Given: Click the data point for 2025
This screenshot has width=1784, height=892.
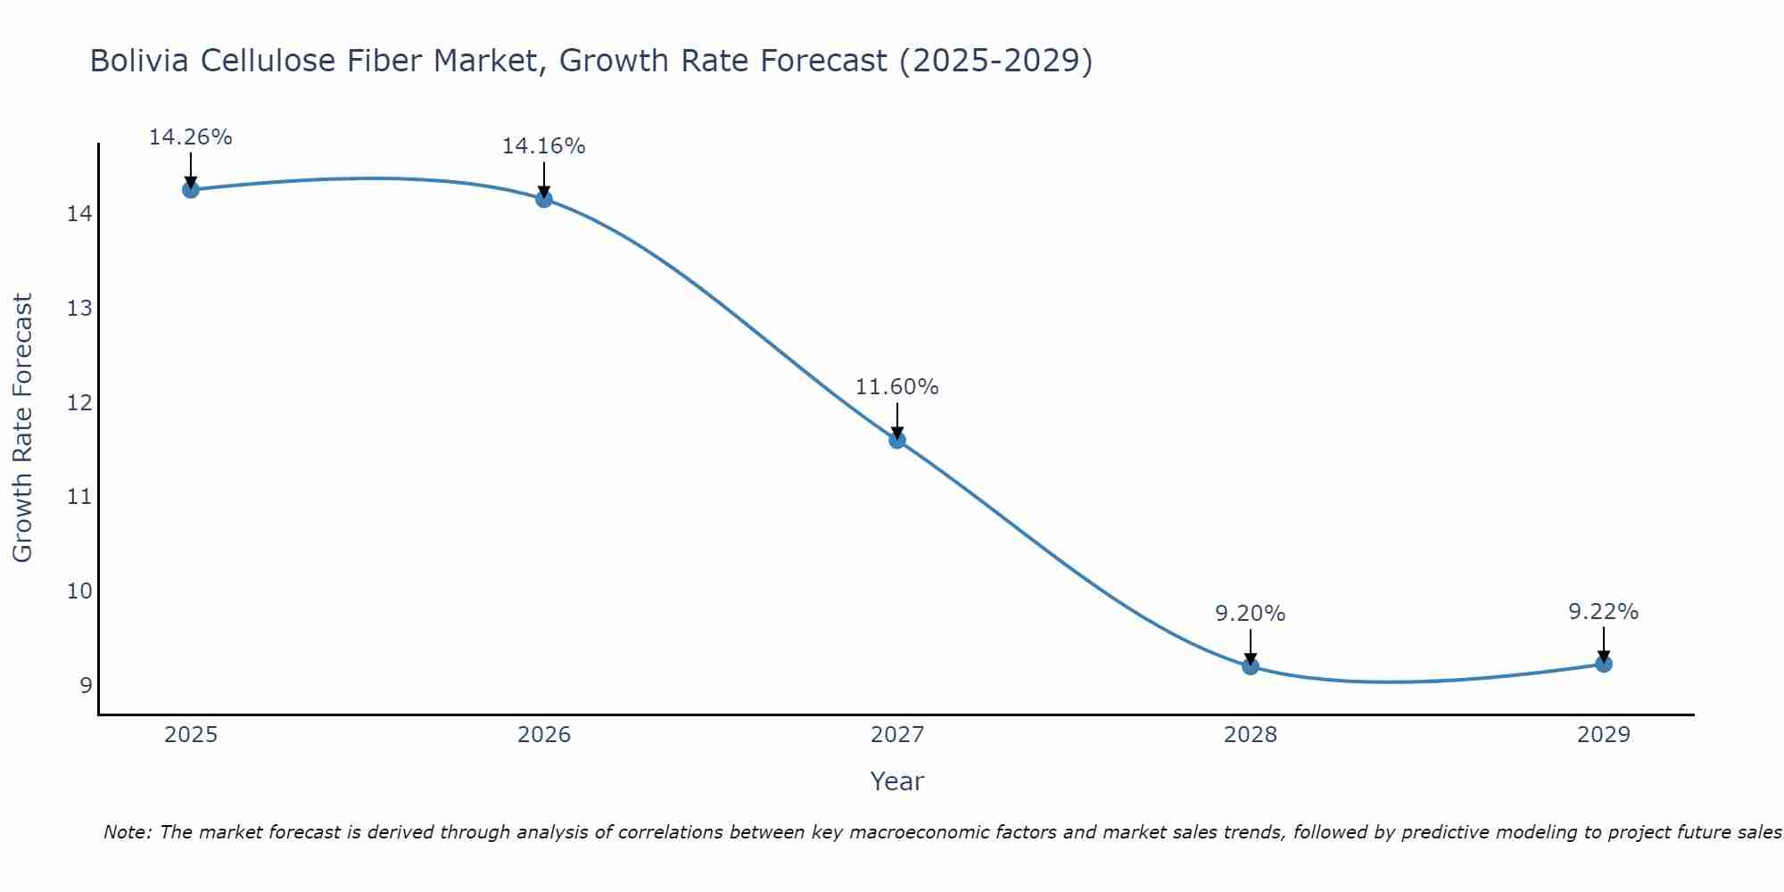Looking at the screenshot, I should (x=190, y=189).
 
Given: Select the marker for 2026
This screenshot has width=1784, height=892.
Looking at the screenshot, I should (x=543, y=198).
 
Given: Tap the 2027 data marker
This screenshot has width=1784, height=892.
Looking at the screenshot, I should (x=896, y=439).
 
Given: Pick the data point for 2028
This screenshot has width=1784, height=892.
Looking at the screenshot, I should (x=1250, y=665).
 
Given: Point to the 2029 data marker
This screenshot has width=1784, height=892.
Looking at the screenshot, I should (x=1603, y=663).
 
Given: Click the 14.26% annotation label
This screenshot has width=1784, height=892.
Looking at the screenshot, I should (x=190, y=137).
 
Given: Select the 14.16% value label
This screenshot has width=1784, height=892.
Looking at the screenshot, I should (x=543, y=146).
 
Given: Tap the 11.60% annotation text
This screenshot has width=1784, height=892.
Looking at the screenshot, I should (x=896, y=387).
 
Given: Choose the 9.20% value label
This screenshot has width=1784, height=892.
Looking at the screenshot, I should (x=1250, y=614).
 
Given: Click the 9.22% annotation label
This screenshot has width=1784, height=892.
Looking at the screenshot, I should (x=1603, y=612).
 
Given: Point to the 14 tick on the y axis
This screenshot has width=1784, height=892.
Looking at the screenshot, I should (x=79, y=214).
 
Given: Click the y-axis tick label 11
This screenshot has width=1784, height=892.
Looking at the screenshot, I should (x=79, y=497).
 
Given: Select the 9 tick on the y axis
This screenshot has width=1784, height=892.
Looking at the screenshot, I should (x=86, y=685).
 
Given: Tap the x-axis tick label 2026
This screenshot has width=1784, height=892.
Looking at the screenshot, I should (x=544, y=735).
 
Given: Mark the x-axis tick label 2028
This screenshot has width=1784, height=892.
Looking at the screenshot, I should (x=1250, y=735).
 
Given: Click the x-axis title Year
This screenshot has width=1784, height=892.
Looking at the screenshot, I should (x=896, y=781).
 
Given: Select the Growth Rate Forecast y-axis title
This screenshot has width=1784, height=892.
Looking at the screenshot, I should (x=22, y=428).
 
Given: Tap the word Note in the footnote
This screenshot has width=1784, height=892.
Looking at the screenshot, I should (x=127, y=832).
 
